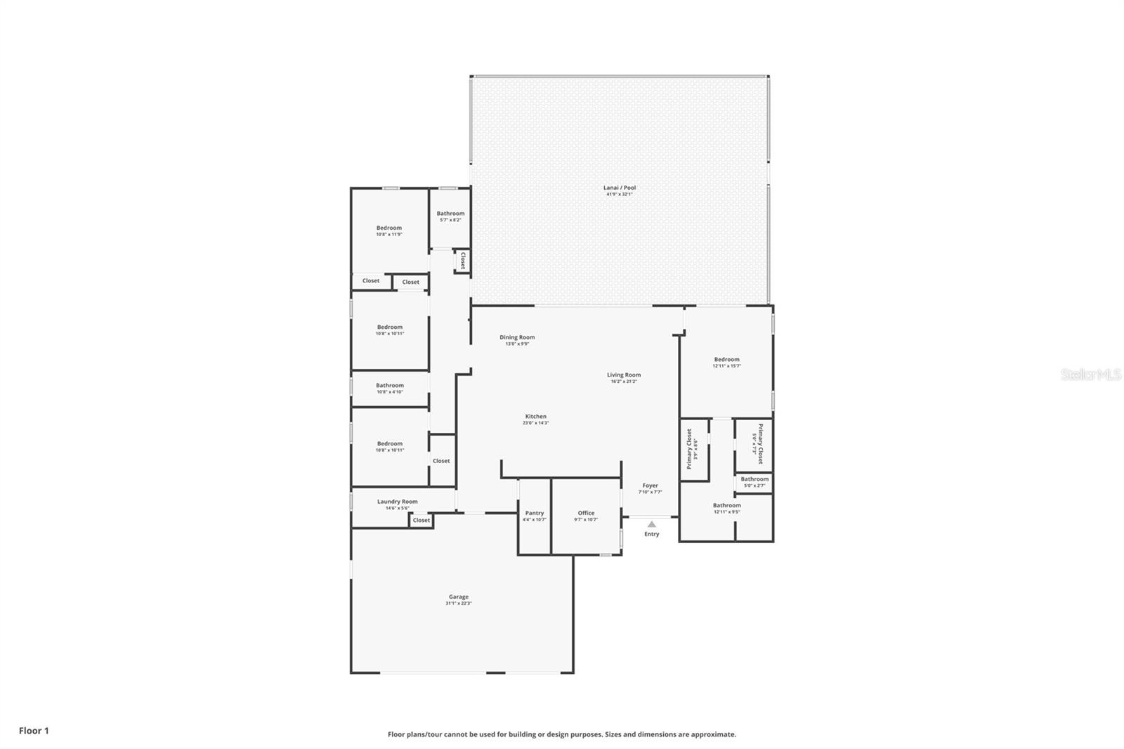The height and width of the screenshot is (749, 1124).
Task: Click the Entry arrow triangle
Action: tap(651, 524)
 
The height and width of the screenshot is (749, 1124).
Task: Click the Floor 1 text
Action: tap(34, 731)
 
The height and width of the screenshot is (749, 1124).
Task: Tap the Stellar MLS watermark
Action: tap(1090, 374)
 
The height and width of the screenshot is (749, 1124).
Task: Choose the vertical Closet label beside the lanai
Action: tap(462, 261)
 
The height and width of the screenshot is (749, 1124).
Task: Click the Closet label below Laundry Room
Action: tap(421, 521)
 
